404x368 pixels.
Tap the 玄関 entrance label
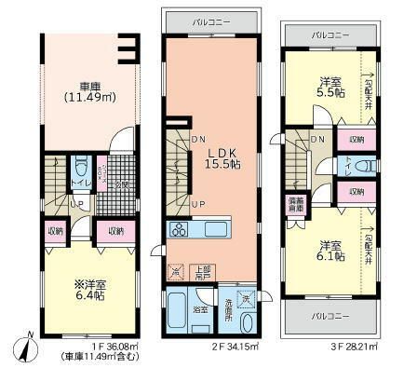117,184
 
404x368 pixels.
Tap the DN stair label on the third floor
318,141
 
